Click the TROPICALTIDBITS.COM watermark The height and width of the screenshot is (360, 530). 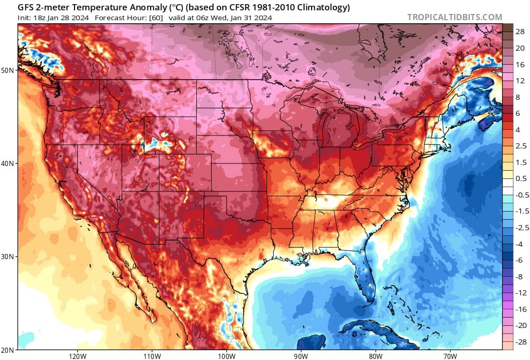(454, 17)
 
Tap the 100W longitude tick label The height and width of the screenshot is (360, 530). (226, 356)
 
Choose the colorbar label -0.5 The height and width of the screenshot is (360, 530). (520, 195)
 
